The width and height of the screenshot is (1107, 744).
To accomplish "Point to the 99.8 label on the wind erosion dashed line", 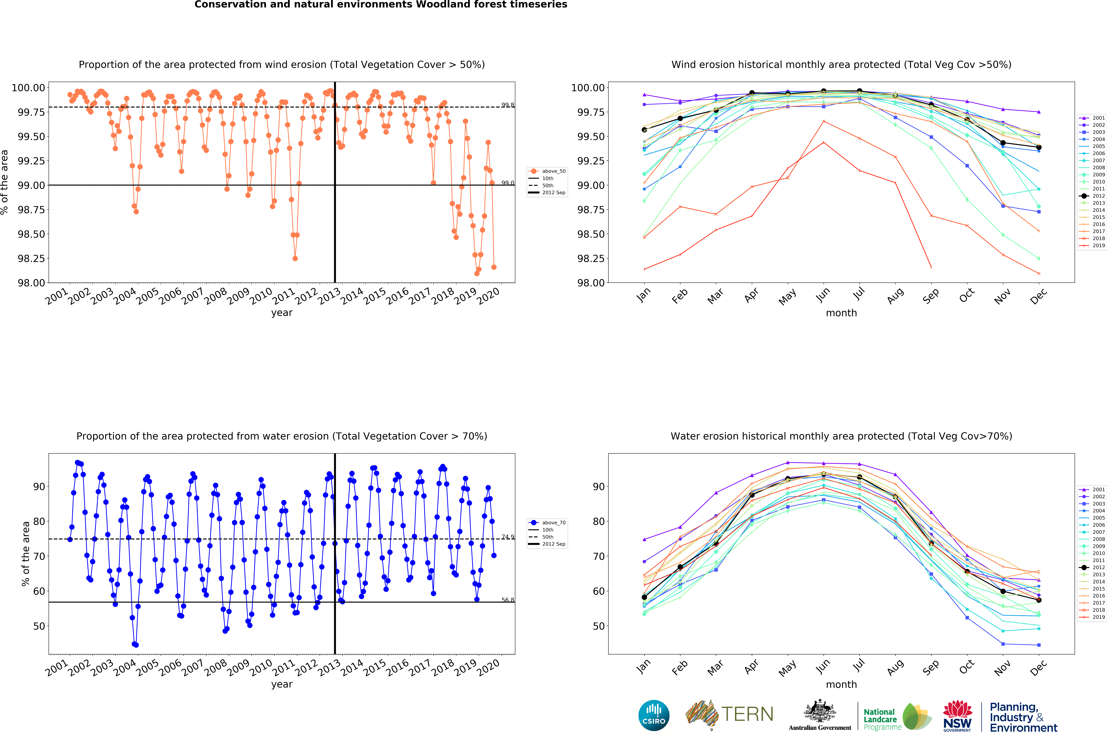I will (508, 105).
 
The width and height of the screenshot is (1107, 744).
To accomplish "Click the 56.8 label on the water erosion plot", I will (508, 600).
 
